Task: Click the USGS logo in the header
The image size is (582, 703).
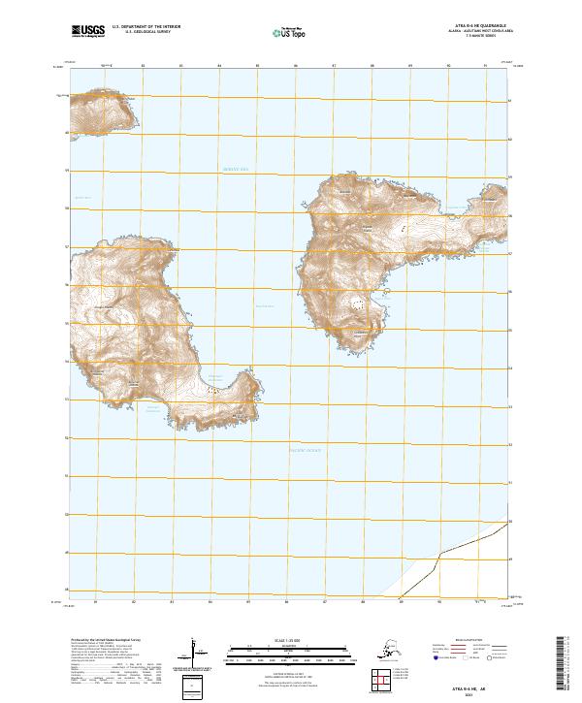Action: point(88,33)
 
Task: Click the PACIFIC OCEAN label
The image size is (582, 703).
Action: point(304,451)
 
